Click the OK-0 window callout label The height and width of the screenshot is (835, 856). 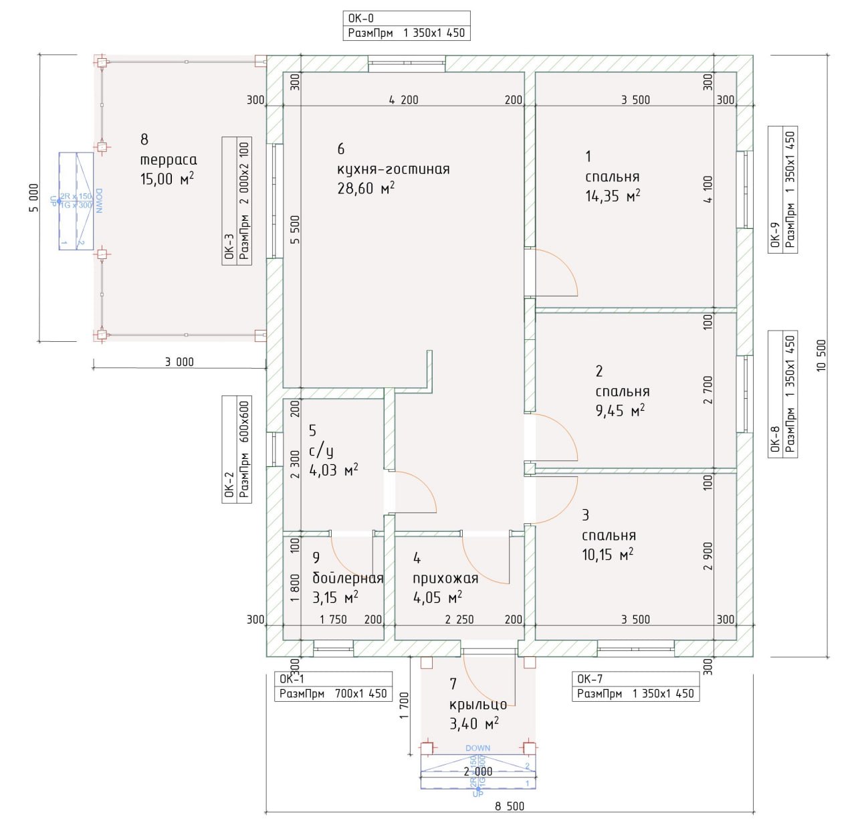pos(406,25)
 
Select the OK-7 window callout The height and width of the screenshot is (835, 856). pos(635,686)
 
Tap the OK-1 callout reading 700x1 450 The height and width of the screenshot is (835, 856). pos(333,686)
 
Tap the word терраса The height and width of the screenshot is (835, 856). pos(169,160)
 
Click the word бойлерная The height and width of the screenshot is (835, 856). pos(348,578)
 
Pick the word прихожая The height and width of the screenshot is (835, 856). pos(445,578)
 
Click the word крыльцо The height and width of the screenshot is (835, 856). pos(478,704)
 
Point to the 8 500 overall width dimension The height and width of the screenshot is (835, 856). pos(510,806)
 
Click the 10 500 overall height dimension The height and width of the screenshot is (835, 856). pos(822,355)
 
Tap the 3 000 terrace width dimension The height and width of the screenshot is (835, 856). pos(179,362)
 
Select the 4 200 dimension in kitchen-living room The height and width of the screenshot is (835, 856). pos(404,100)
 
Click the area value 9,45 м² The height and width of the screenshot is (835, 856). pos(620,411)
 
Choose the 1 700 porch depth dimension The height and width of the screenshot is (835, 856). pos(403,706)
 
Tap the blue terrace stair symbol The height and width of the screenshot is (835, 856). pos(76,201)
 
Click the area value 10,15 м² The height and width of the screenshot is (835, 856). pos(608,555)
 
